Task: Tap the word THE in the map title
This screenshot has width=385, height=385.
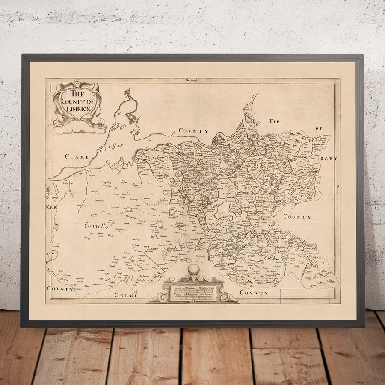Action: [x=78, y=94]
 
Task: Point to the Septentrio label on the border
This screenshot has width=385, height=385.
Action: [x=193, y=80]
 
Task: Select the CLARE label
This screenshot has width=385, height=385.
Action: [x=77, y=157]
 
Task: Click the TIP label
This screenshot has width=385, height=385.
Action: [x=274, y=121]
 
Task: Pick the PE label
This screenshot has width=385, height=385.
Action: [x=318, y=128]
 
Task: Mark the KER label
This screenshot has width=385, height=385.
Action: [x=51, y=207]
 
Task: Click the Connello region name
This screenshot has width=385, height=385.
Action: [x=96, y=225]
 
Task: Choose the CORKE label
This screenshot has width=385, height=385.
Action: [x=126, y=295]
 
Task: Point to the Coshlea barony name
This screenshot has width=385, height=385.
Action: [x=271, y=258]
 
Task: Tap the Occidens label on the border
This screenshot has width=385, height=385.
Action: [x=48, y=188]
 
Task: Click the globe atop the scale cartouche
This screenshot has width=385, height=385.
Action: [x=193, y=269]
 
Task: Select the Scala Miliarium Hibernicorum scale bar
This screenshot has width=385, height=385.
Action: [x=193, y=291]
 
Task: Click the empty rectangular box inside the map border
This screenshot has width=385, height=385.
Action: [x=305, y=296]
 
